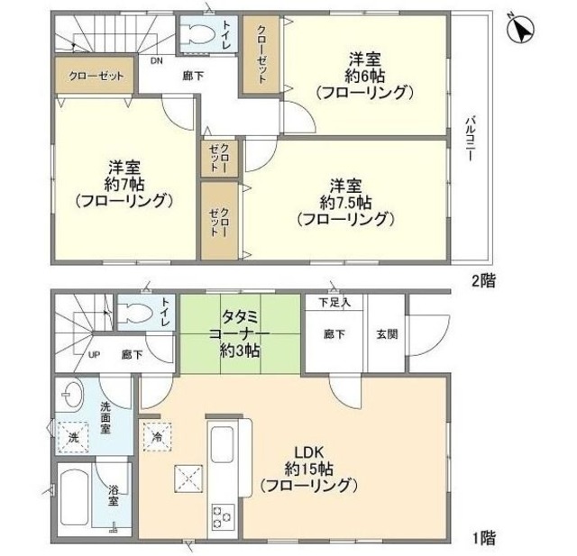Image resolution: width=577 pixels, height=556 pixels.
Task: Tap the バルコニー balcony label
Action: click(471, 138)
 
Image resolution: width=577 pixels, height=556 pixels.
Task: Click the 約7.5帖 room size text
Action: click(345, 202)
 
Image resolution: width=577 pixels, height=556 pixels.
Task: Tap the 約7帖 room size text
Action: click(124, 184)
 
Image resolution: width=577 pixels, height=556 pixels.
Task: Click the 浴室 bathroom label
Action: click(114, 495)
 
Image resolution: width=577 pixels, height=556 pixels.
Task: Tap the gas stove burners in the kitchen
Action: click(222, 516)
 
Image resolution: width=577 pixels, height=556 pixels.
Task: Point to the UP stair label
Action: click(94, 355)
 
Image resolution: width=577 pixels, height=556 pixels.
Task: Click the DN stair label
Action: click(156, 61)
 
